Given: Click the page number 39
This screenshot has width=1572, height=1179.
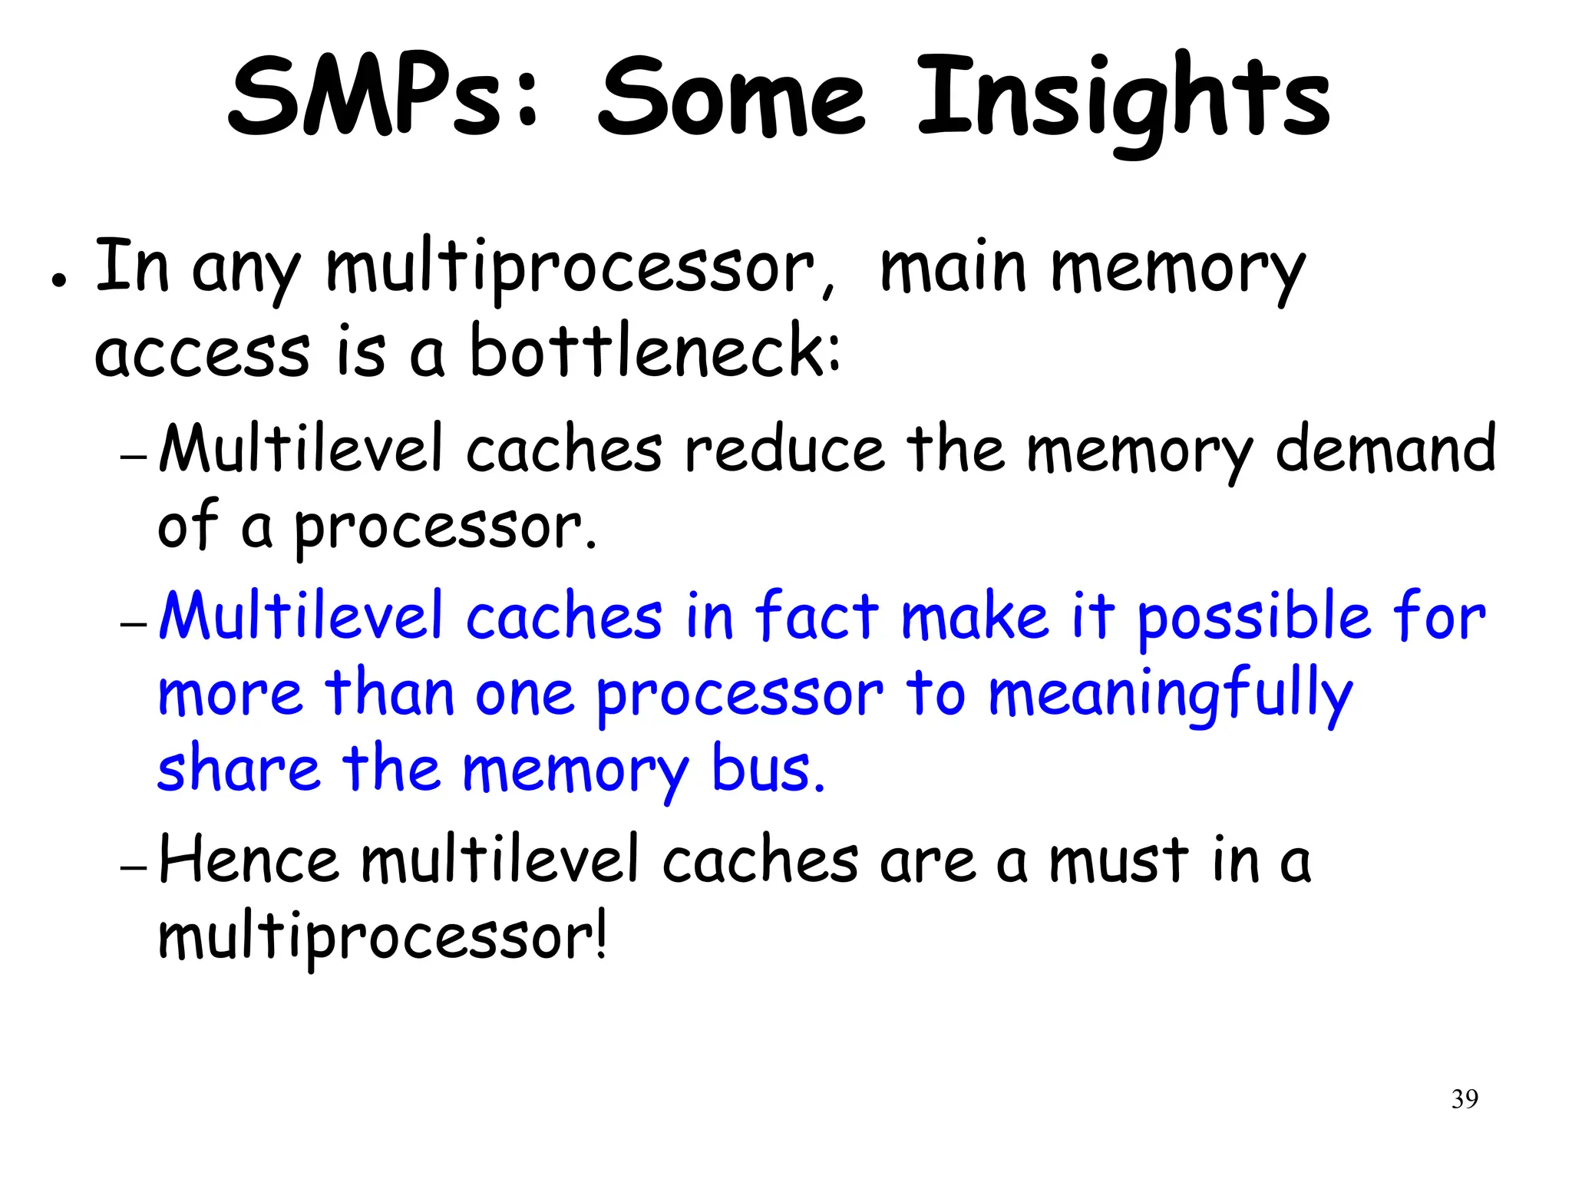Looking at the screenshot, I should [x=1465, y=1099].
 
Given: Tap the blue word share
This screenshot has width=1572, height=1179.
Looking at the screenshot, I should [x=238, y=768].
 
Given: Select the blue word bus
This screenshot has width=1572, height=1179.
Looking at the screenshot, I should [x=768, y=768].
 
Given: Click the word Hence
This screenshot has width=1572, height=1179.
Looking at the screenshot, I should [x=248, y=860].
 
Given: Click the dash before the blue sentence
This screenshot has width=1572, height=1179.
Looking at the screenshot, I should [x=134, y=624].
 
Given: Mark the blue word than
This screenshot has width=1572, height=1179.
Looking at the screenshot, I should [x=390, y=692].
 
